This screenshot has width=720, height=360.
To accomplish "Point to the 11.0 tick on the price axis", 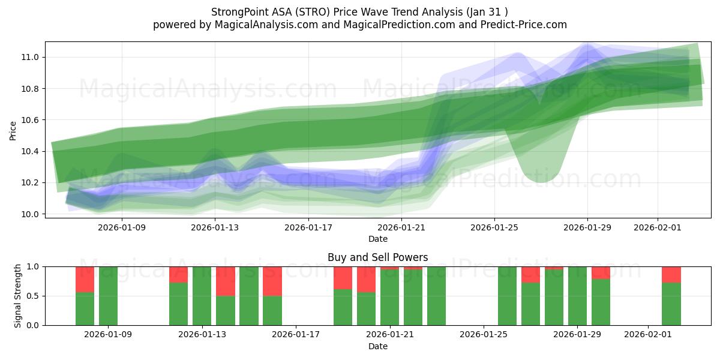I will coord(31,58).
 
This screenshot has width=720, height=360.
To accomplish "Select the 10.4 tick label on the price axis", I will coord(31,151).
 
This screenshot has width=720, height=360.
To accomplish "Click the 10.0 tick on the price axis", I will coord(31,214).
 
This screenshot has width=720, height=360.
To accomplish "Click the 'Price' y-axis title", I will coord(13,130).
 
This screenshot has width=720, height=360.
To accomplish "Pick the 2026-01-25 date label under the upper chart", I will coord(494,227).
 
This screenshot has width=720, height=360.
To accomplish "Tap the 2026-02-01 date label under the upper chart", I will coord(657,227).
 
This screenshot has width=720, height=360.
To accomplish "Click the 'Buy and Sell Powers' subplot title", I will coord(377,257).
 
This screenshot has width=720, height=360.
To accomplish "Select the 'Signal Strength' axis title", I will coord(18,295).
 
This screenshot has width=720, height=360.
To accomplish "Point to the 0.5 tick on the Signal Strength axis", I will coord(33,296).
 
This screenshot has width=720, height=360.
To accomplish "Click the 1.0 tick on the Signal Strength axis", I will coord(33,266).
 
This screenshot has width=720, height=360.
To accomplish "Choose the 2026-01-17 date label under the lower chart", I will coord(296,335).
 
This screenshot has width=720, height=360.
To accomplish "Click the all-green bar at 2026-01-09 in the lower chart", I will coord(108,296).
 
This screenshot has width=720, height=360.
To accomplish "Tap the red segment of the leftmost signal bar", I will coord(85,279).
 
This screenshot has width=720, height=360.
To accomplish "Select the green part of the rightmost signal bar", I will coord(671,304).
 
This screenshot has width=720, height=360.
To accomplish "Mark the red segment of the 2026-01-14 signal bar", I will coord(225,281).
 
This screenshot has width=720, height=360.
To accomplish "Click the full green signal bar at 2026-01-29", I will coord(577,296).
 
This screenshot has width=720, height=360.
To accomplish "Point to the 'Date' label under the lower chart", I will coord(377,346).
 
